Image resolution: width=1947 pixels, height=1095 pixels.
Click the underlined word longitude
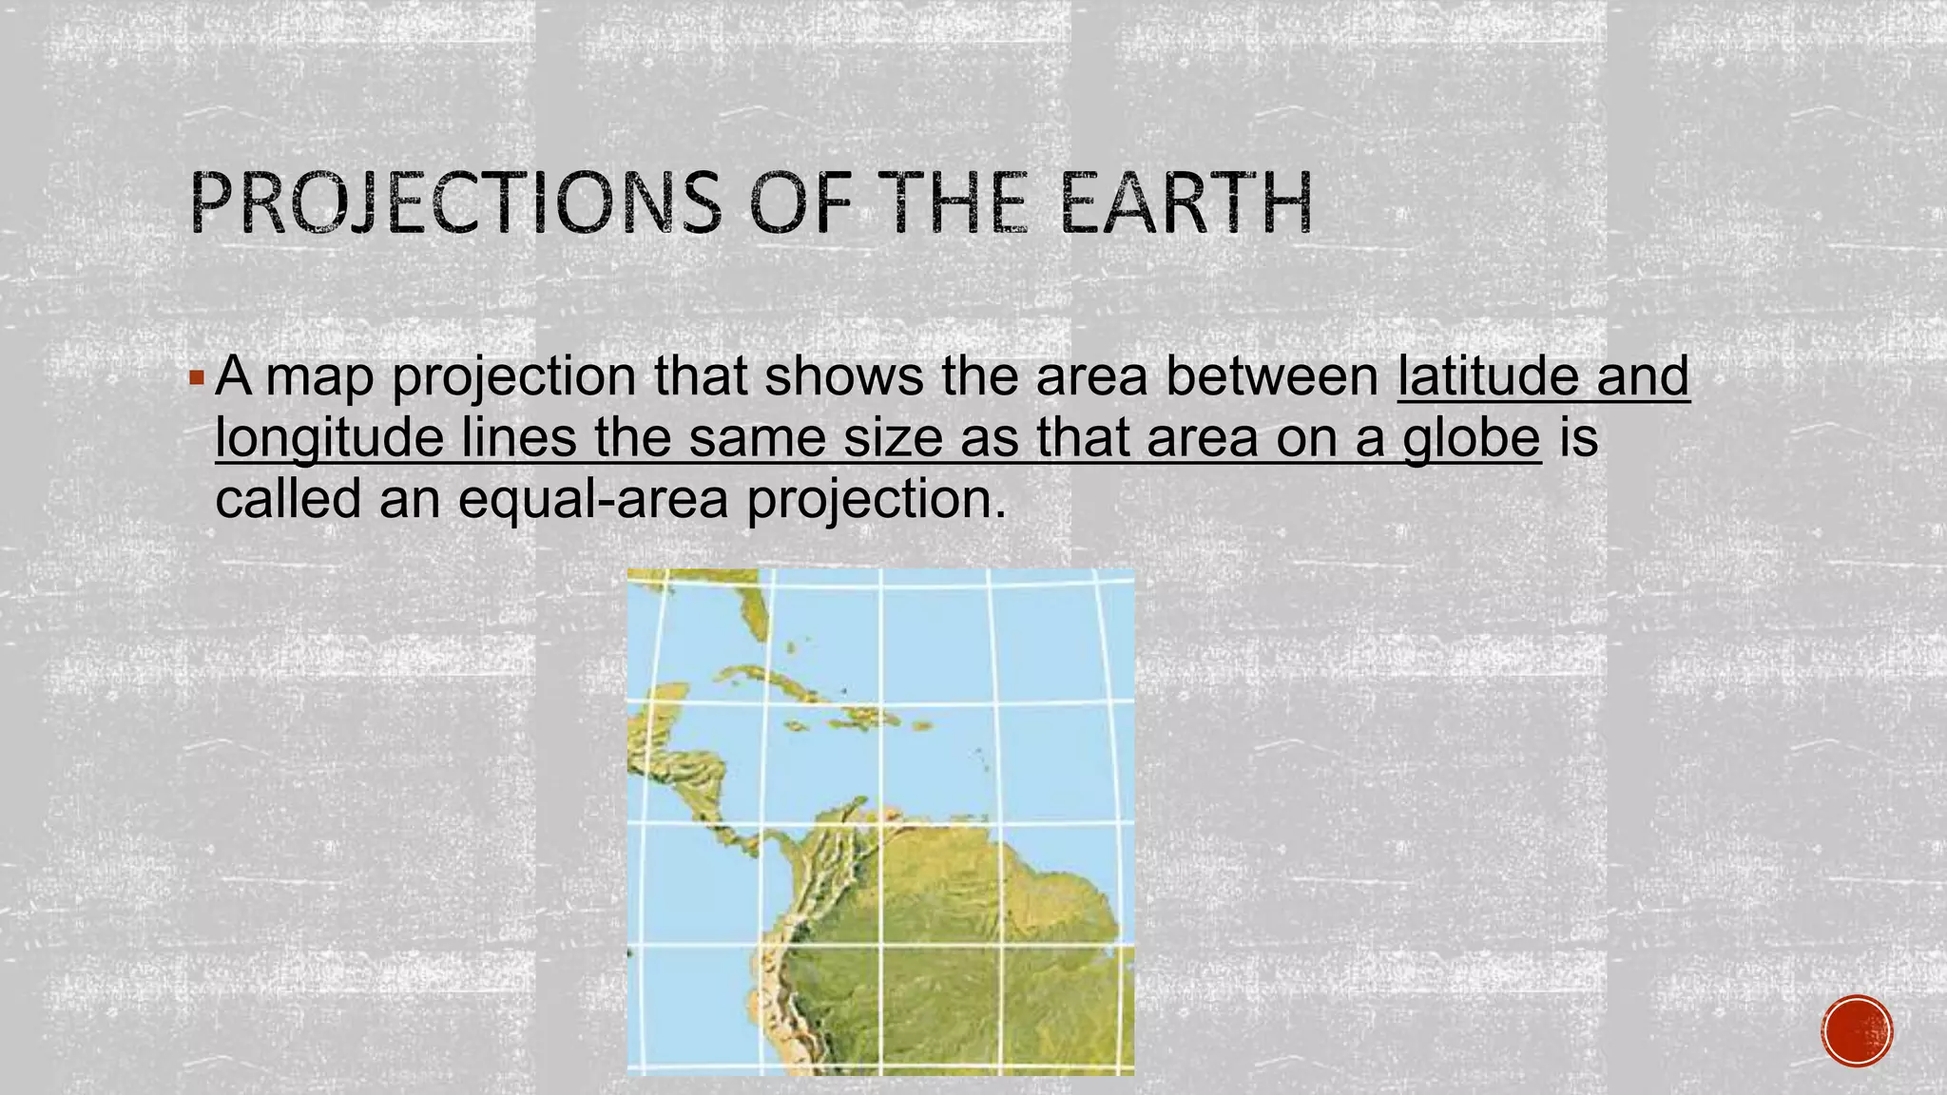(x=329, y=438)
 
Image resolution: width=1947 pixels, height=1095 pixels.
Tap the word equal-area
(x=593, y=498)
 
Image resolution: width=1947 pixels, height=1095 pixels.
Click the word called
(x=288, y=498)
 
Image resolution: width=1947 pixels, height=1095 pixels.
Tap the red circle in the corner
(x=1858, y=1031)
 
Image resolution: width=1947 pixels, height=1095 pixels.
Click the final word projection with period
(x=876, y=500)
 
